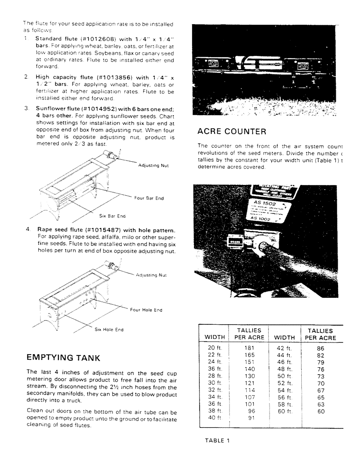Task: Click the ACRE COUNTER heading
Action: click(x=232, y=131)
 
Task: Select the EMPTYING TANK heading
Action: click(x=63, y=357)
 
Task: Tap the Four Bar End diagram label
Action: click(x=149, y=198)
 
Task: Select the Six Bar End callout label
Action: click(x=112, y=216)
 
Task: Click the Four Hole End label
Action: click(x=146, y=310)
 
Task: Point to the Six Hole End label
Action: click(x=109, y=329)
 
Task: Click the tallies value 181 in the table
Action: click(x=249, y=348)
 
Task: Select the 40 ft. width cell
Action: click(x=215, y=418)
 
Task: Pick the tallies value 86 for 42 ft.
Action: click(x=320, y=348)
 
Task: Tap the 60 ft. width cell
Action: click(x=284, y=411)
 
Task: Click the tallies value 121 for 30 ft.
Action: click(x=249, y=383)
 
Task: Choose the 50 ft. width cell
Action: click(x=284, y=376)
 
